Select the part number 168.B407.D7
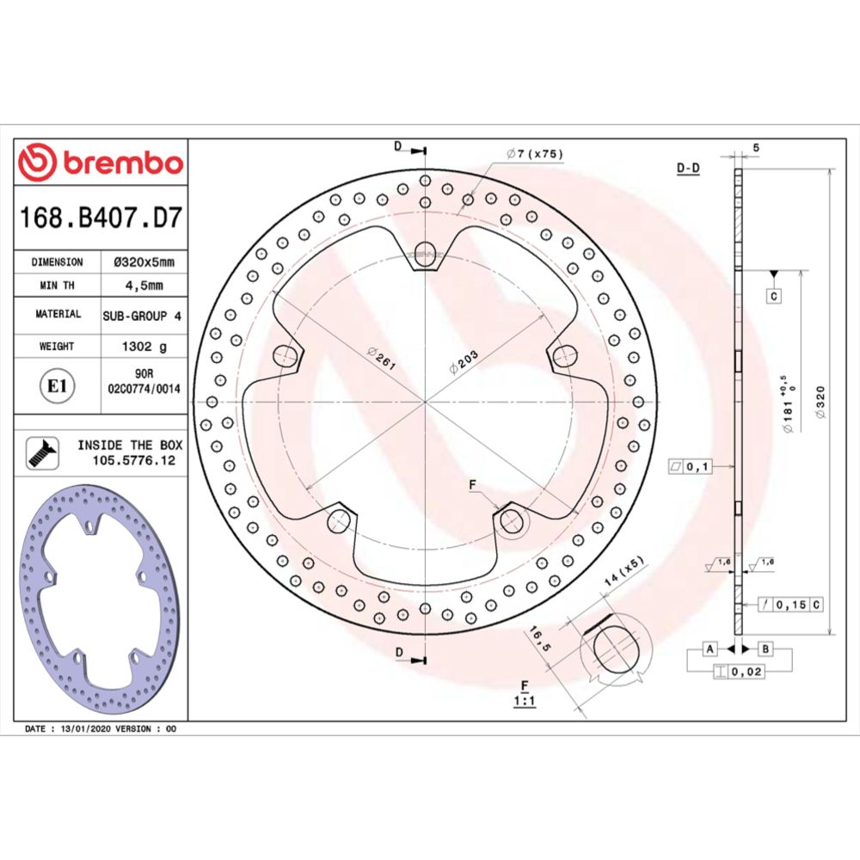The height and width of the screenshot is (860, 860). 101,218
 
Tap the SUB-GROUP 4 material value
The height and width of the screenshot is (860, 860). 142,316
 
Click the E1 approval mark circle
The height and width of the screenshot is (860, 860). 57,387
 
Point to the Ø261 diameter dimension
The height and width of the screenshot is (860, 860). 380,359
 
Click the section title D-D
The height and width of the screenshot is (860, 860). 688,169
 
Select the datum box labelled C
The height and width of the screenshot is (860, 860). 773,297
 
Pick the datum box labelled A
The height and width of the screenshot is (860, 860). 710,648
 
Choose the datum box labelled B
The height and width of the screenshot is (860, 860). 764,648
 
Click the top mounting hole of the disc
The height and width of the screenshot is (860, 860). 426,251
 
